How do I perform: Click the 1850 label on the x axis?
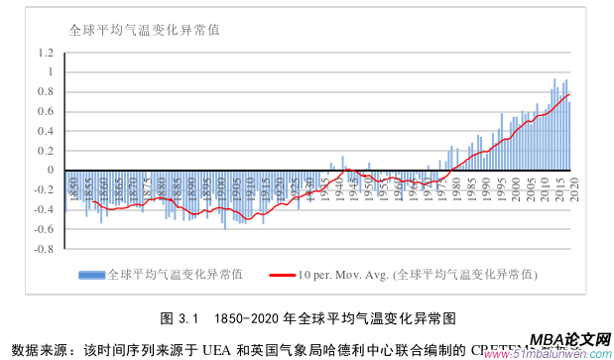pos(72,184)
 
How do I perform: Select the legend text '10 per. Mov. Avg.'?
pos(343,275)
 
